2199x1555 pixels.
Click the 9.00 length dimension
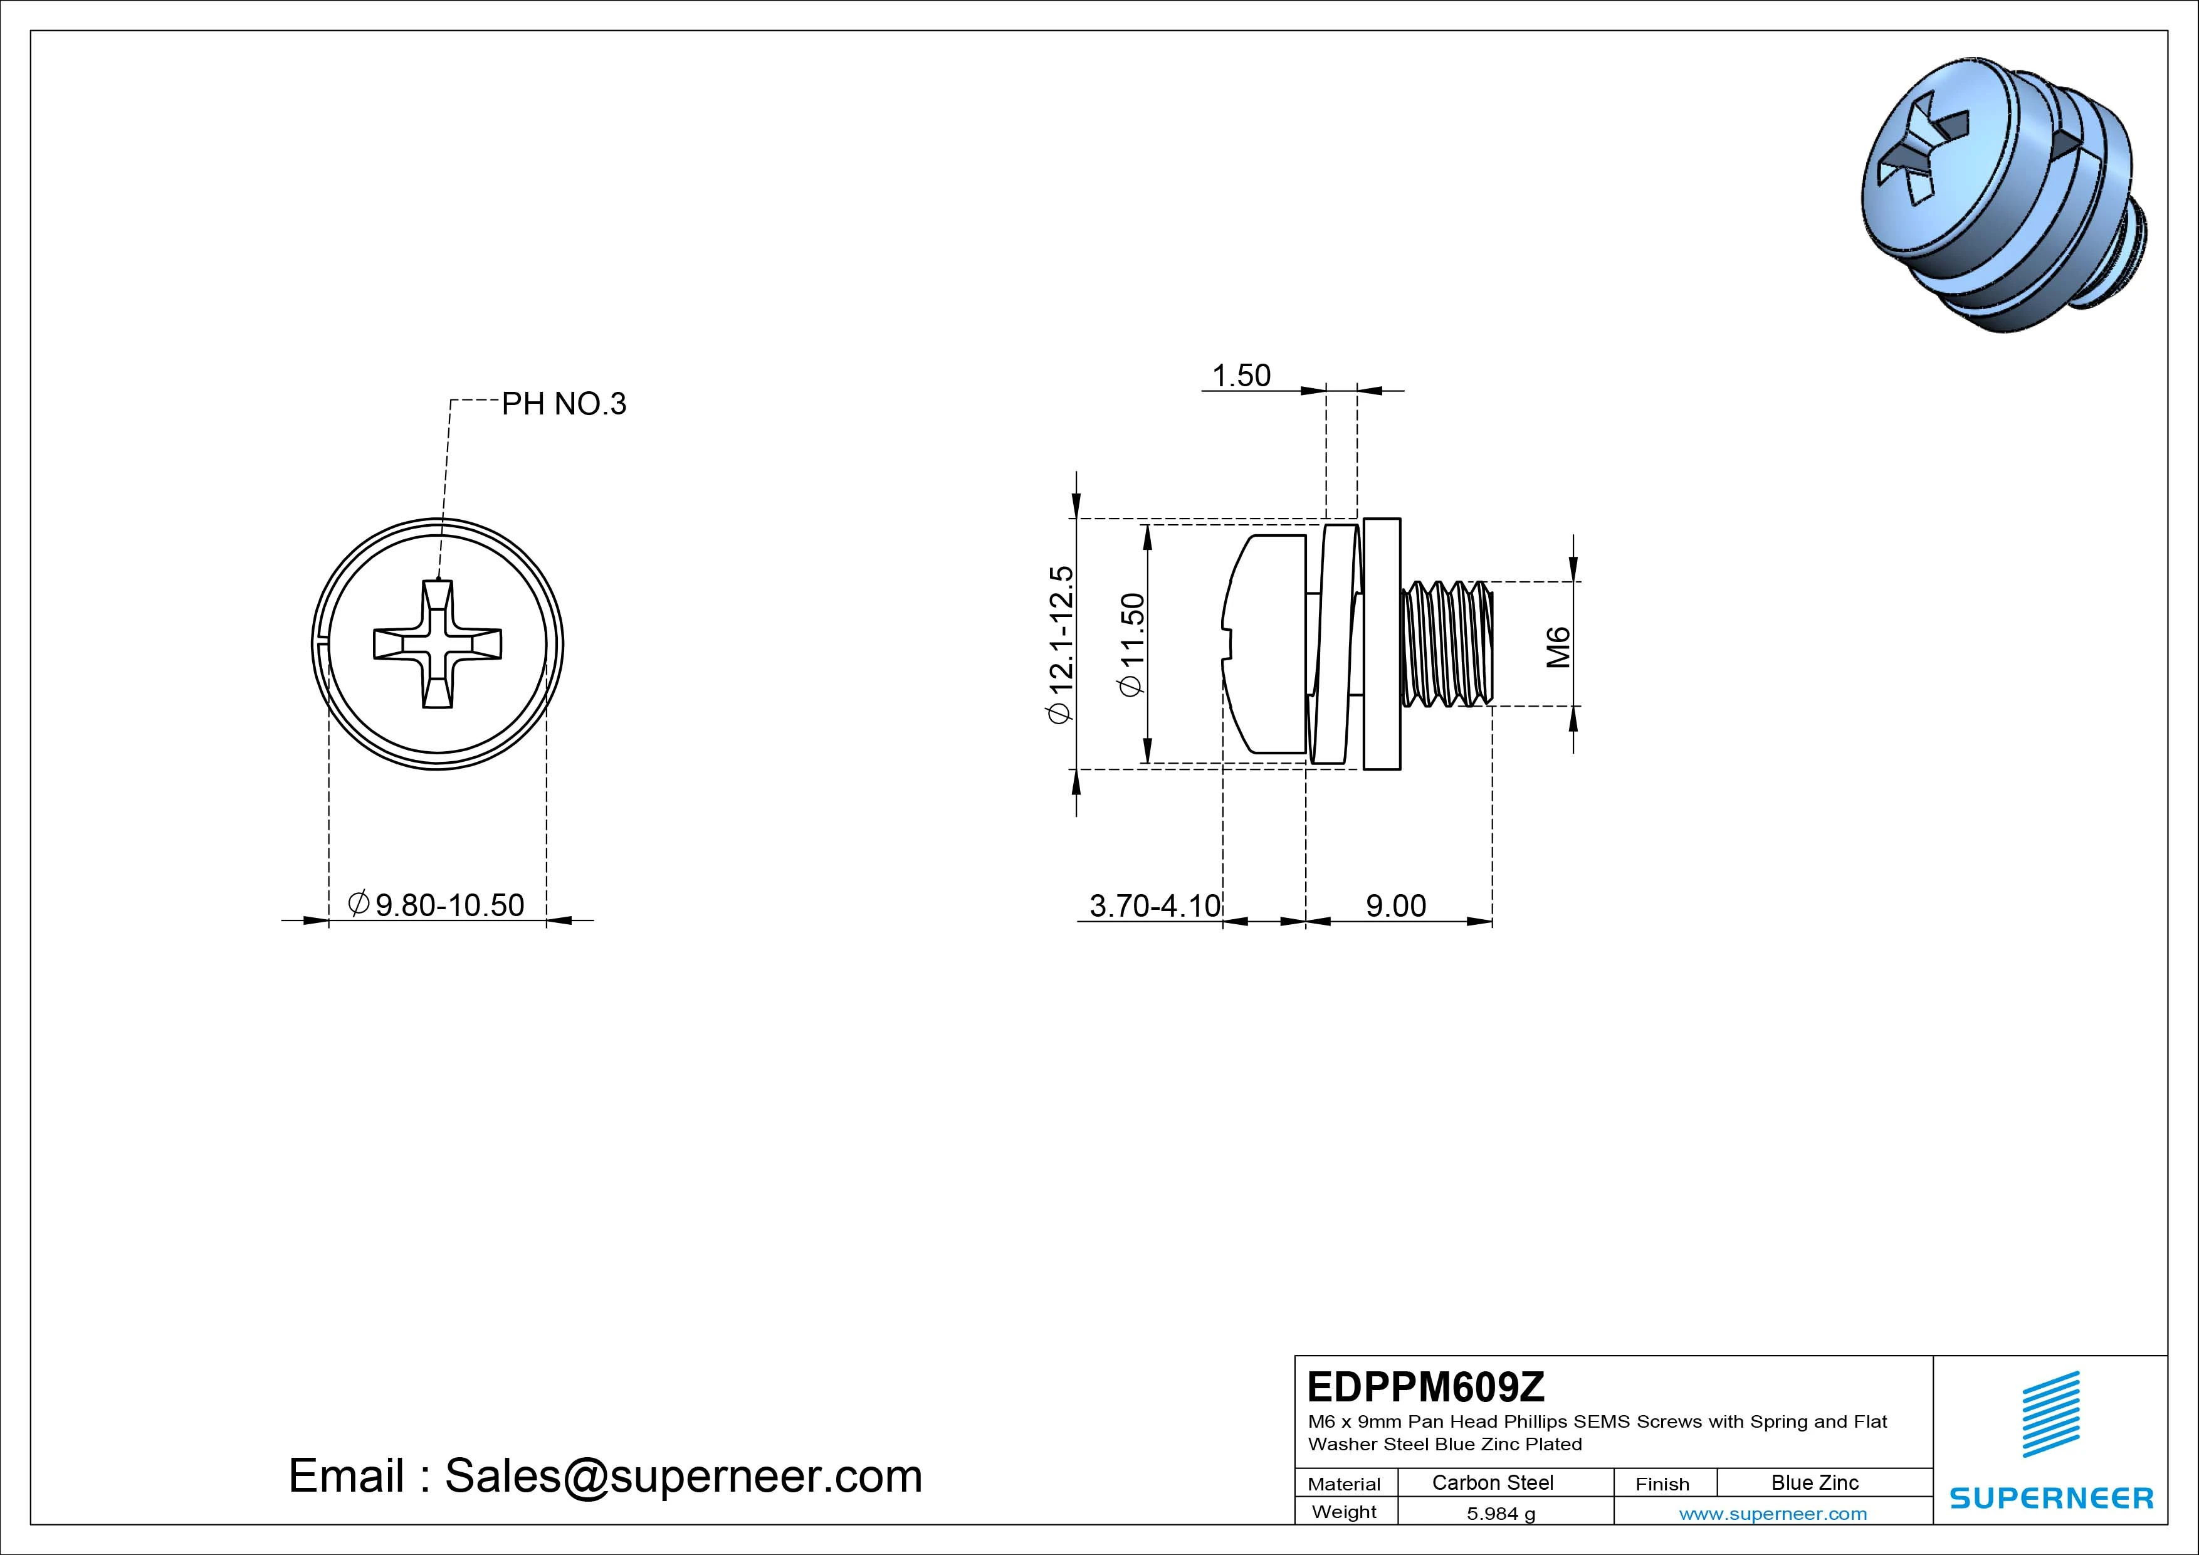tap(1395, 905)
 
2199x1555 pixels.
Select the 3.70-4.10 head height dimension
tap(1155, 905)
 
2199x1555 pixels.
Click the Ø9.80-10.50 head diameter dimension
tap(437, 904)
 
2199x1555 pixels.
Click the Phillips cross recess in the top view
tap(438, 644)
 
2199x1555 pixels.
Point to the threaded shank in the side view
tap(1446, 644)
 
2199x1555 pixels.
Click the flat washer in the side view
tap(1381, 644)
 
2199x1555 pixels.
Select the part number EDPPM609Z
tap(1425, 1386)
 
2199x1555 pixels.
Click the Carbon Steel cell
tap(1492, 1483)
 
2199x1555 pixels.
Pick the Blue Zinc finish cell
tap(1814, 1483)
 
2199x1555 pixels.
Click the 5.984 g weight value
tap(1501, 1514)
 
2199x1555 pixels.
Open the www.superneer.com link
tap(1773, 1514)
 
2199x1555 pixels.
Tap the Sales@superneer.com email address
tap(683, 1477)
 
